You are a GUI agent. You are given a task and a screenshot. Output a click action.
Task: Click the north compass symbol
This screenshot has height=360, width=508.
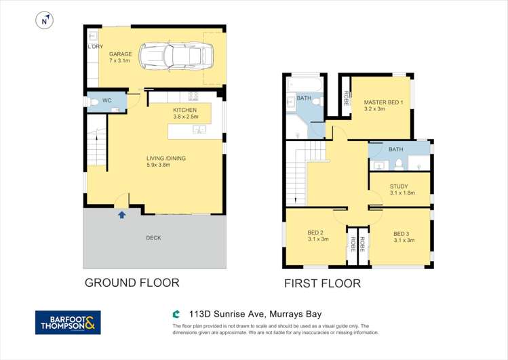pos(45,21)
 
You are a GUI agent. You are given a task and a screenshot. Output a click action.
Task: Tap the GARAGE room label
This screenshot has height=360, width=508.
pos(121,54)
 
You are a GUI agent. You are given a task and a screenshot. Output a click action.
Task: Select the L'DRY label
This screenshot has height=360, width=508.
pos(94,47)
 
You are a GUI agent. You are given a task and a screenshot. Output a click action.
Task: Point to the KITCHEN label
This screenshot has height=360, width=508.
pos(184,110)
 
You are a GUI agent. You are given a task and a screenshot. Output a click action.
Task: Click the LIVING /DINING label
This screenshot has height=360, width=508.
pos(166,159)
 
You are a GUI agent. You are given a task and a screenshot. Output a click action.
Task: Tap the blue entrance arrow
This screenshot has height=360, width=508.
pos(122,215)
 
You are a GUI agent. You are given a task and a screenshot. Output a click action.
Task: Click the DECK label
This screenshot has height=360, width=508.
pos(153,238)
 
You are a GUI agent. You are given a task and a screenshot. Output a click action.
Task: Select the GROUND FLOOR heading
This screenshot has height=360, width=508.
pos(132,283)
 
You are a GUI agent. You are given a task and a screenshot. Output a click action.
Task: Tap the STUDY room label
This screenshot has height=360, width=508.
pos(399,186)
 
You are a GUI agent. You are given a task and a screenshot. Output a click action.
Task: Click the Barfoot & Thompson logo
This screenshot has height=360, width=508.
pos(68,323)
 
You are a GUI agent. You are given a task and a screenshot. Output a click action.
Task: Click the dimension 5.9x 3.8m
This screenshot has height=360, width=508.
pos(166,165)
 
